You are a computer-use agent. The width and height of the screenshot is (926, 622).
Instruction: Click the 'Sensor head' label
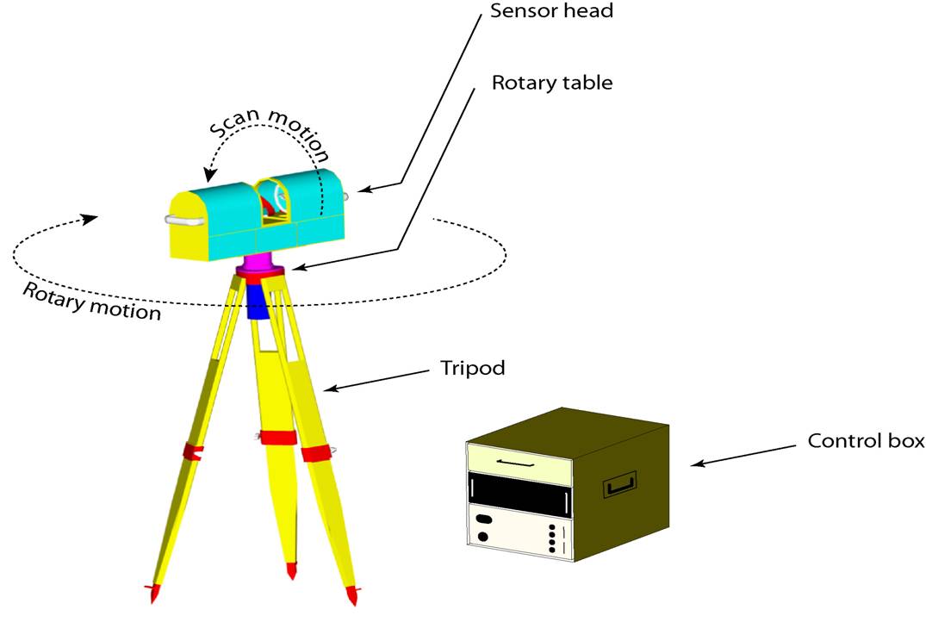point(551,10)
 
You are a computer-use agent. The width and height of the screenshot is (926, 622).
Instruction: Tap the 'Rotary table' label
point(552,82)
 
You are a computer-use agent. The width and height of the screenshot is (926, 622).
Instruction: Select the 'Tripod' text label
point(473,369)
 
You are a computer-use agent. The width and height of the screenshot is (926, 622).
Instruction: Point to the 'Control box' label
point(866,441)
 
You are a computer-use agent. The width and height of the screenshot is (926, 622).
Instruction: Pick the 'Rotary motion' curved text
point(92,302)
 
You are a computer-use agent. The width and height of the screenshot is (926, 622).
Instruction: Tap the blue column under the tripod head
point(258,302)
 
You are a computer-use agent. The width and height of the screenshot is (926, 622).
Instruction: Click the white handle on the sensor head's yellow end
point(184,221)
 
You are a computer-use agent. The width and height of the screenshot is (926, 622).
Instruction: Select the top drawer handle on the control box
point(516,463)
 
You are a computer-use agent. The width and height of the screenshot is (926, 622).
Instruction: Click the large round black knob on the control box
point(483,537)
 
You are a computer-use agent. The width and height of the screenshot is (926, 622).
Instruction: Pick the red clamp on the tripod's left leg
point(192,452)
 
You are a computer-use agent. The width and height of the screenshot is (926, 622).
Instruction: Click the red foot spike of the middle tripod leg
point(291,571)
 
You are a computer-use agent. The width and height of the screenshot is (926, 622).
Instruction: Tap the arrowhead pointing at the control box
point(699,463)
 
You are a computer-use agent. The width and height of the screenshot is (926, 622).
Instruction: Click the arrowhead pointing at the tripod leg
point(332,388)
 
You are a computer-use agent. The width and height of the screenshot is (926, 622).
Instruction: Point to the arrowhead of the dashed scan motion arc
point(209,175)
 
